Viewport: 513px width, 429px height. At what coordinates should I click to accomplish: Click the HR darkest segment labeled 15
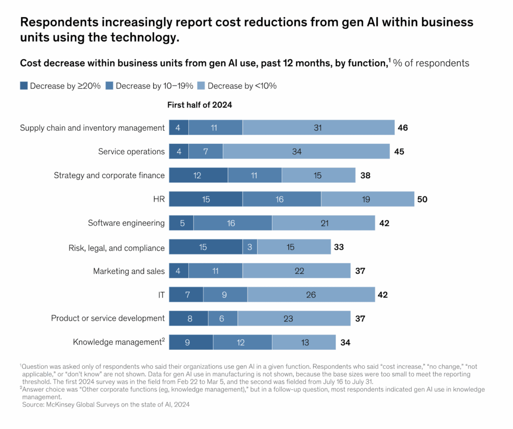point(206,199)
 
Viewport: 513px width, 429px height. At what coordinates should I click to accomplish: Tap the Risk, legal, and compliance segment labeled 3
point(250,247)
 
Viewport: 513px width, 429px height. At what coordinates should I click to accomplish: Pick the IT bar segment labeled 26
point(311,295)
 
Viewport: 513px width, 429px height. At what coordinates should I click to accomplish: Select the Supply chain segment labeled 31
point(318,127)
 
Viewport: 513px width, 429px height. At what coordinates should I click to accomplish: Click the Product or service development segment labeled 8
point(188,318)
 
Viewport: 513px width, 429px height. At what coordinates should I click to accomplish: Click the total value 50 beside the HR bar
point(422,199)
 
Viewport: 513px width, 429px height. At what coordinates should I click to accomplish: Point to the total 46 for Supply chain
point(402,127)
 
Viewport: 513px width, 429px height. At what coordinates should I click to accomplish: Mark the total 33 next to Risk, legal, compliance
point(339,247)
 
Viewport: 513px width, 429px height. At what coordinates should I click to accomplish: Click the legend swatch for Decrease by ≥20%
point(24,86)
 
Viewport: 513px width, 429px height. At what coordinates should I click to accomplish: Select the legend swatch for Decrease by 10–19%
point(110,86)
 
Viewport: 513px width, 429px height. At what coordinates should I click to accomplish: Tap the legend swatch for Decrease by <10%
point(201,86)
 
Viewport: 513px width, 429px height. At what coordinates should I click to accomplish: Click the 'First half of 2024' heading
point(199,105)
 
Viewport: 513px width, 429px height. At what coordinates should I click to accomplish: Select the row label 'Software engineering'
point(126,223)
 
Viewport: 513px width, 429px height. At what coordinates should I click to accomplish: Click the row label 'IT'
point(160,295)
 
